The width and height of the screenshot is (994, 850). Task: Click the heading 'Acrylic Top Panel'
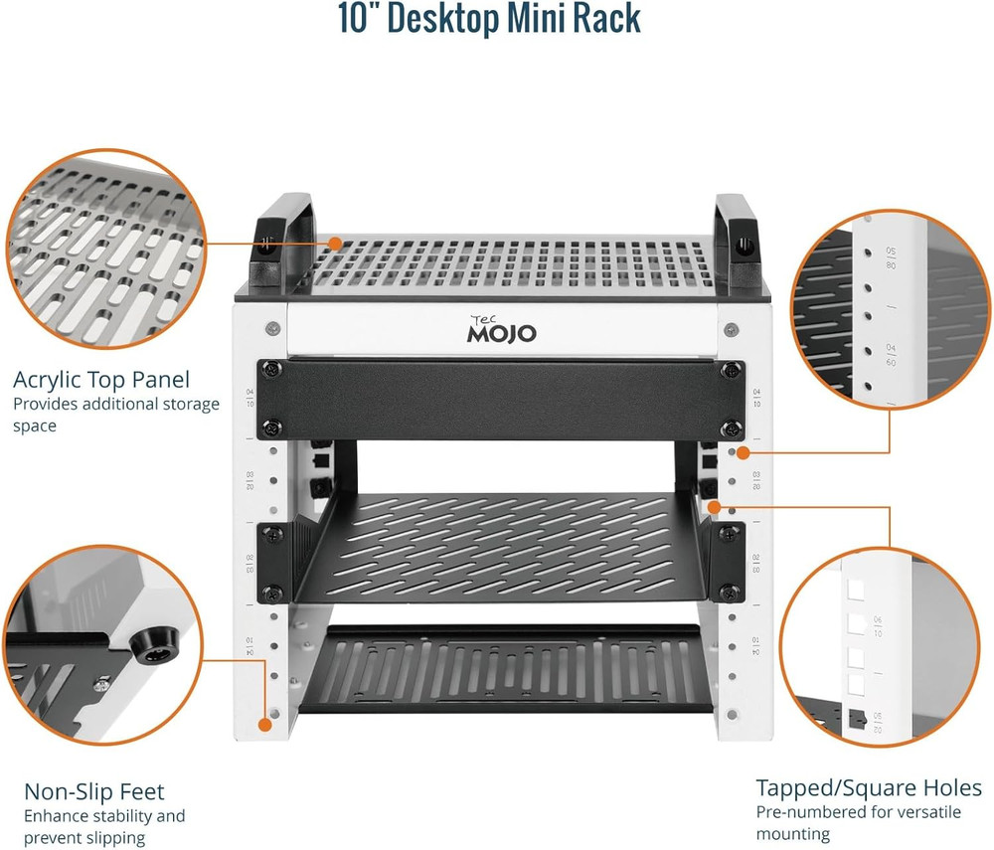coord(101,380)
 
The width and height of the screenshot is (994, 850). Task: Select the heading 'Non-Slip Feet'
coord(94,792)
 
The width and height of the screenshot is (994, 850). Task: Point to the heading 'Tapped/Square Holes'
coord(869,788)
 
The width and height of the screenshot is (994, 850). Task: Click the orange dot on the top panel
coord(336,243)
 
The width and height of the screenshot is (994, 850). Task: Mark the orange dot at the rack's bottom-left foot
coord(265,725)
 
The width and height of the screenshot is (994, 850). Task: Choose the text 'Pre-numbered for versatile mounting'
coord(859,823)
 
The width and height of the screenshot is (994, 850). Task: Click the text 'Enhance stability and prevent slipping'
coord(104,827)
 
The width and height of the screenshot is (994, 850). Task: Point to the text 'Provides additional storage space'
coord(116,415)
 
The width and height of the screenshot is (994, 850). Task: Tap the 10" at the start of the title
coord(360,18)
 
